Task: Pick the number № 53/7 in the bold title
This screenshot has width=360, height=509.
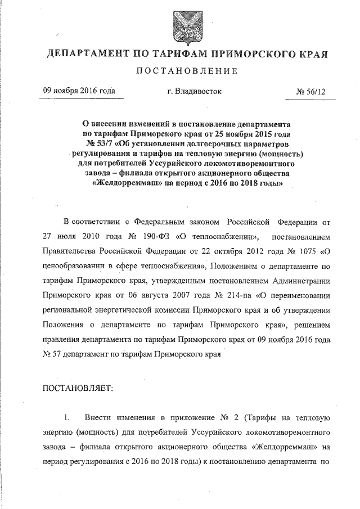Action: (x=102, y=143)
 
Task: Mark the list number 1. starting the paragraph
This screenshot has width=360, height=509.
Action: (x=67, y=418)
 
